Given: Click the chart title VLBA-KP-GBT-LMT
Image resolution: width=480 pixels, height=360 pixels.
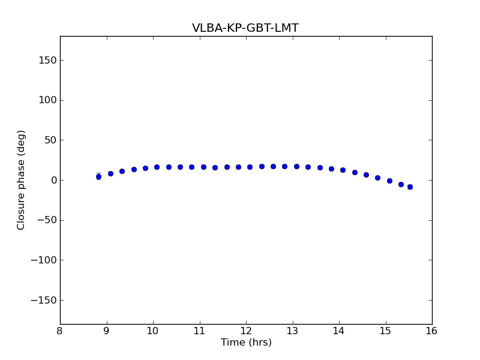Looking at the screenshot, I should (x=245, y=28).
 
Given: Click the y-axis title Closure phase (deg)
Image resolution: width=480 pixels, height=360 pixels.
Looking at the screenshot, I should (x=21, y=180).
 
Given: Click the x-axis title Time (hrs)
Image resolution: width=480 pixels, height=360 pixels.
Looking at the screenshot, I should (x=246, y=343).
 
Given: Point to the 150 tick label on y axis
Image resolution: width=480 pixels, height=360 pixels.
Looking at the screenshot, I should (x=47, y=60).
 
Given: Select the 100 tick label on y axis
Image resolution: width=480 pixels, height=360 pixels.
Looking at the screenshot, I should (x=47, y=100).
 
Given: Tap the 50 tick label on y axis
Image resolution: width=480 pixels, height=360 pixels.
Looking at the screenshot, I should (x=49, y=140).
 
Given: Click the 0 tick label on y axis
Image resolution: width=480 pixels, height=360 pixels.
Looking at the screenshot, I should (x=52, y=180).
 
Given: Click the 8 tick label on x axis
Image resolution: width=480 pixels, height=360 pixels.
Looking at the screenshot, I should (x=60, y=331).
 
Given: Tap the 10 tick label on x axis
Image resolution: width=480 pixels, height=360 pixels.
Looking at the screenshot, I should (x=153, y=331).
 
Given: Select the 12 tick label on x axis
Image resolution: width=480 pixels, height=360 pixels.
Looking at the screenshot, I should (x=246, y=331).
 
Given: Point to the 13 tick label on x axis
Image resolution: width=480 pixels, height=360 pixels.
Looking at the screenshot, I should (x=292, y=331).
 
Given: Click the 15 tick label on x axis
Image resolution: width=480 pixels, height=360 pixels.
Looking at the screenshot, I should (x=385, y=331).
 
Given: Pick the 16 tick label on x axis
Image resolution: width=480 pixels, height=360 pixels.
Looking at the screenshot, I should (x=432, y=331).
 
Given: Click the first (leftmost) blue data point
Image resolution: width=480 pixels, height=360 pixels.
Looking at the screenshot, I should (x=98, y=176).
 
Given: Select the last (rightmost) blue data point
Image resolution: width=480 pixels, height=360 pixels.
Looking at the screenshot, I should (x=410, y=187).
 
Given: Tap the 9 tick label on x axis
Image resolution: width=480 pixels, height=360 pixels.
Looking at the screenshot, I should (x=107, y=331).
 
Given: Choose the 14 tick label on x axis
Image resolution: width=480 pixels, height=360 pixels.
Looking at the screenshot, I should (x=339, y=331).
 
